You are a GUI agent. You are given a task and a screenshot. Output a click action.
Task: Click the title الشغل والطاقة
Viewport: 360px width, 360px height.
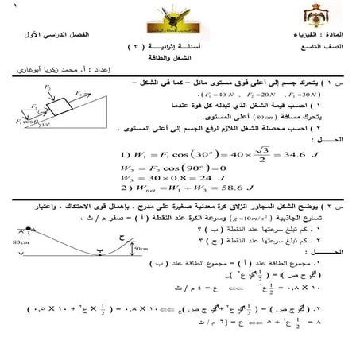(x=178, y=63)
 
